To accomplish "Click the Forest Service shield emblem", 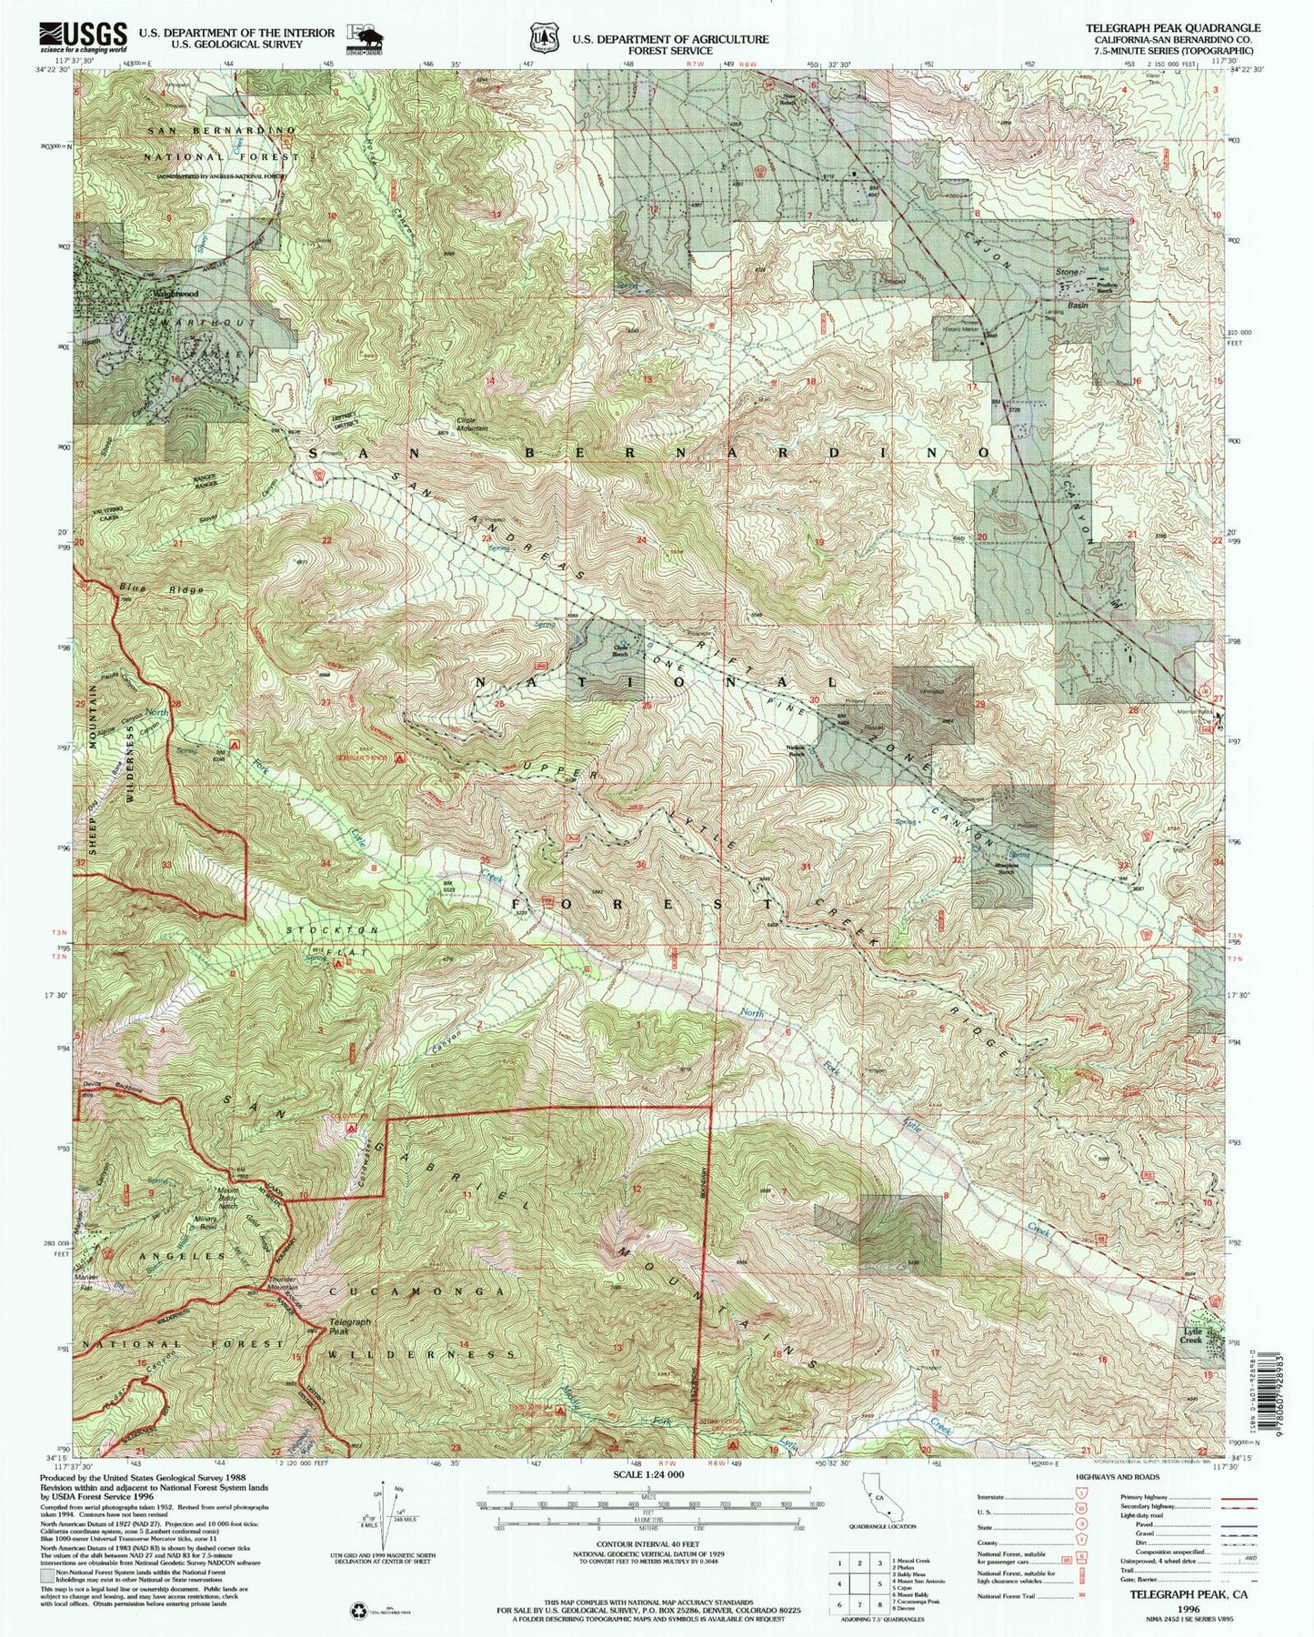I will (x=544, y=38).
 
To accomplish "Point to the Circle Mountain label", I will (x=472, y=424).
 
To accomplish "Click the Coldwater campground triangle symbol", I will (x=352, y=1129).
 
